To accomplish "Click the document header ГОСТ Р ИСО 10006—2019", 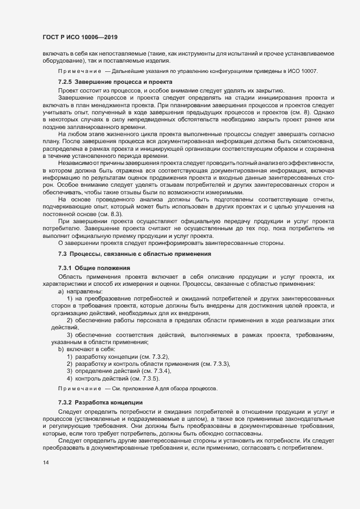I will (80, 37).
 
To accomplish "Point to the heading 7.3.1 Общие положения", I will (94, 269).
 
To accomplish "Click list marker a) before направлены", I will (61, 292).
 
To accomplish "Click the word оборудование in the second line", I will (55, 62).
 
